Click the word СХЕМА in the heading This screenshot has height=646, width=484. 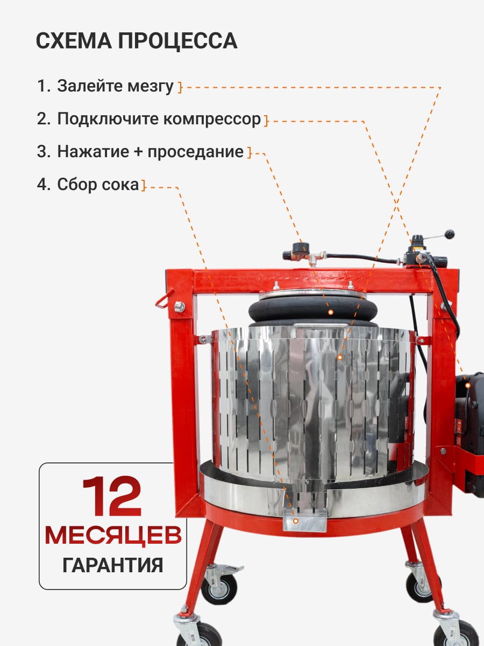[x=74, y=40]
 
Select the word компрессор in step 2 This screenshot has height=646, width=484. [x=212, y=120]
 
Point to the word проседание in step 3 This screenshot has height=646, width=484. [x=195, y=152]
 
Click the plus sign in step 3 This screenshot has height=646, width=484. [x=138, y=152]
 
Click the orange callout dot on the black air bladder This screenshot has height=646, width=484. [x=331, y=312]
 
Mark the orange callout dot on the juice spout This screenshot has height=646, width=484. [x=296, y=521]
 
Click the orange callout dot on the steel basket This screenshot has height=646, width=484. [x=340, y=357]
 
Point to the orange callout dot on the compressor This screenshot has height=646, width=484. [x=468, y=385]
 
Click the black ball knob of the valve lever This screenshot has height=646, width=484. [x=450, y=234]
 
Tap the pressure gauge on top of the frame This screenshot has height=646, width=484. [x=298, y=248]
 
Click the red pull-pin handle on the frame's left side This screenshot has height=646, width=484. [x=165, y=298]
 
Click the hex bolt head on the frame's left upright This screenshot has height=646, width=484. [x=180, y=307]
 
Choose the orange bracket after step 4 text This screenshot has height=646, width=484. [x=144, y=186]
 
